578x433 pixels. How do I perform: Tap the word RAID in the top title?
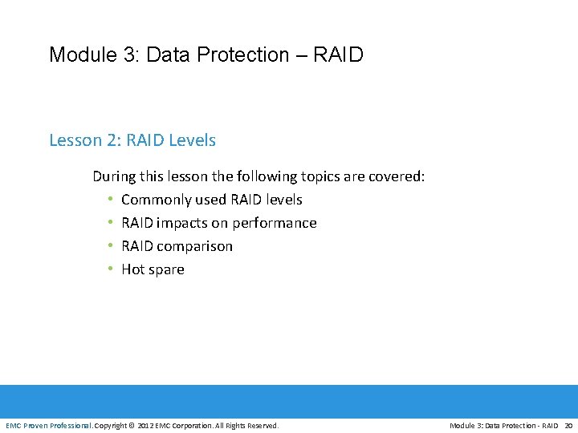coord(338,55)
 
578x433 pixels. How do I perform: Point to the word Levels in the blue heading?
coord(192,140)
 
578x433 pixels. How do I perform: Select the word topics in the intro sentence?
coord(324,176)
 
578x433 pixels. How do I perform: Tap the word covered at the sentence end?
coord(396,176)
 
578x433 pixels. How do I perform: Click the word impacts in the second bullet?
coord(181,223)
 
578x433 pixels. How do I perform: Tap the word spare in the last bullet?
coord(166,269)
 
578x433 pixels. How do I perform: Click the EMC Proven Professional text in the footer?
coord(48,425)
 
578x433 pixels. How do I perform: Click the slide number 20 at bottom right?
coord(568,425)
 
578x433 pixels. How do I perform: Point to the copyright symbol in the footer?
coord(132,425)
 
